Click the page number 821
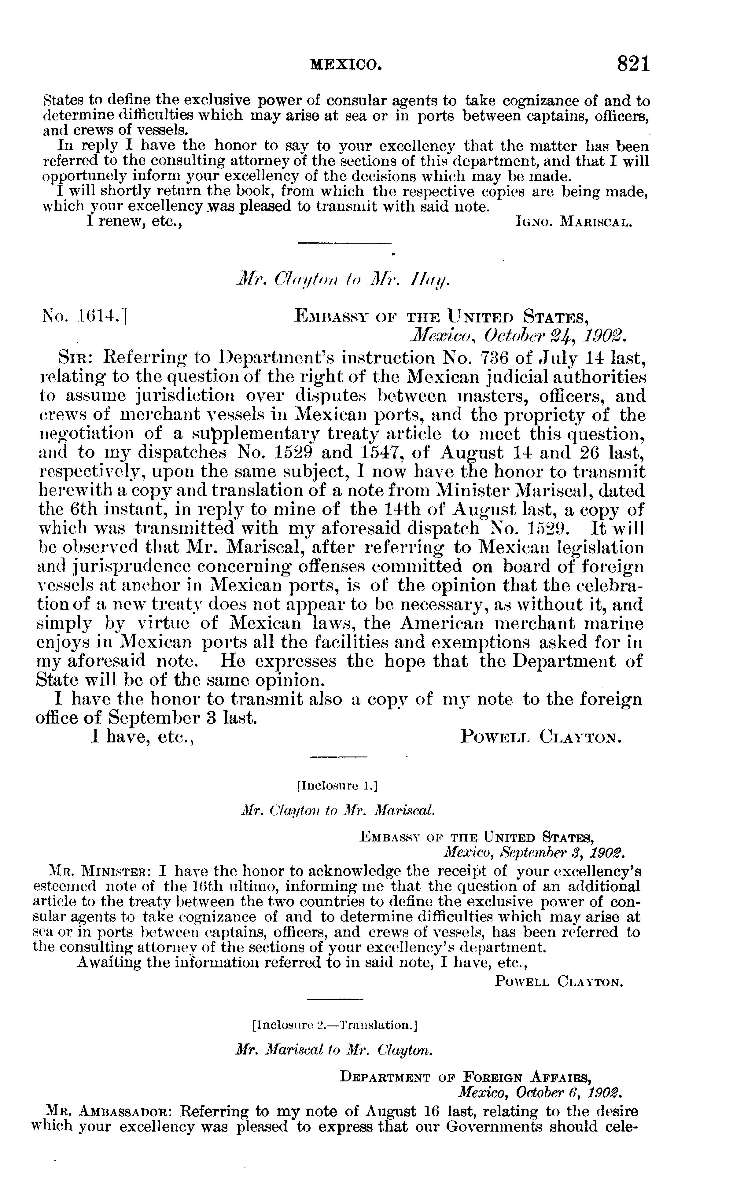coord(633,64)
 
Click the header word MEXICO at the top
coord(346,64)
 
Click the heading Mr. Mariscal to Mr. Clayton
coord(333,1050)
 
